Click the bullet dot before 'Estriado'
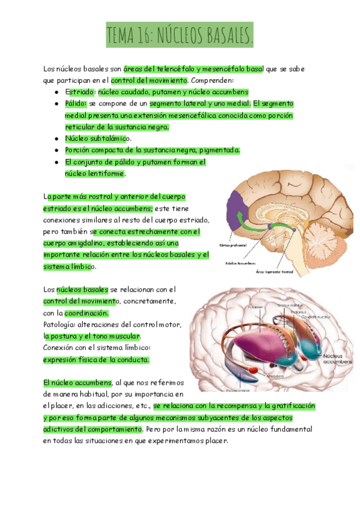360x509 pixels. pyautogui.click(x=56, y=92)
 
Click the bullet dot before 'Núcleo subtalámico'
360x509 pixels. pyautogui.click(x=56, y=139)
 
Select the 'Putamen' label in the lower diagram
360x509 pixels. pyautogui.click(x=256, y=307)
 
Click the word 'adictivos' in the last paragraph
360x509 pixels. pyautogui.click(x=60, y=430)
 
